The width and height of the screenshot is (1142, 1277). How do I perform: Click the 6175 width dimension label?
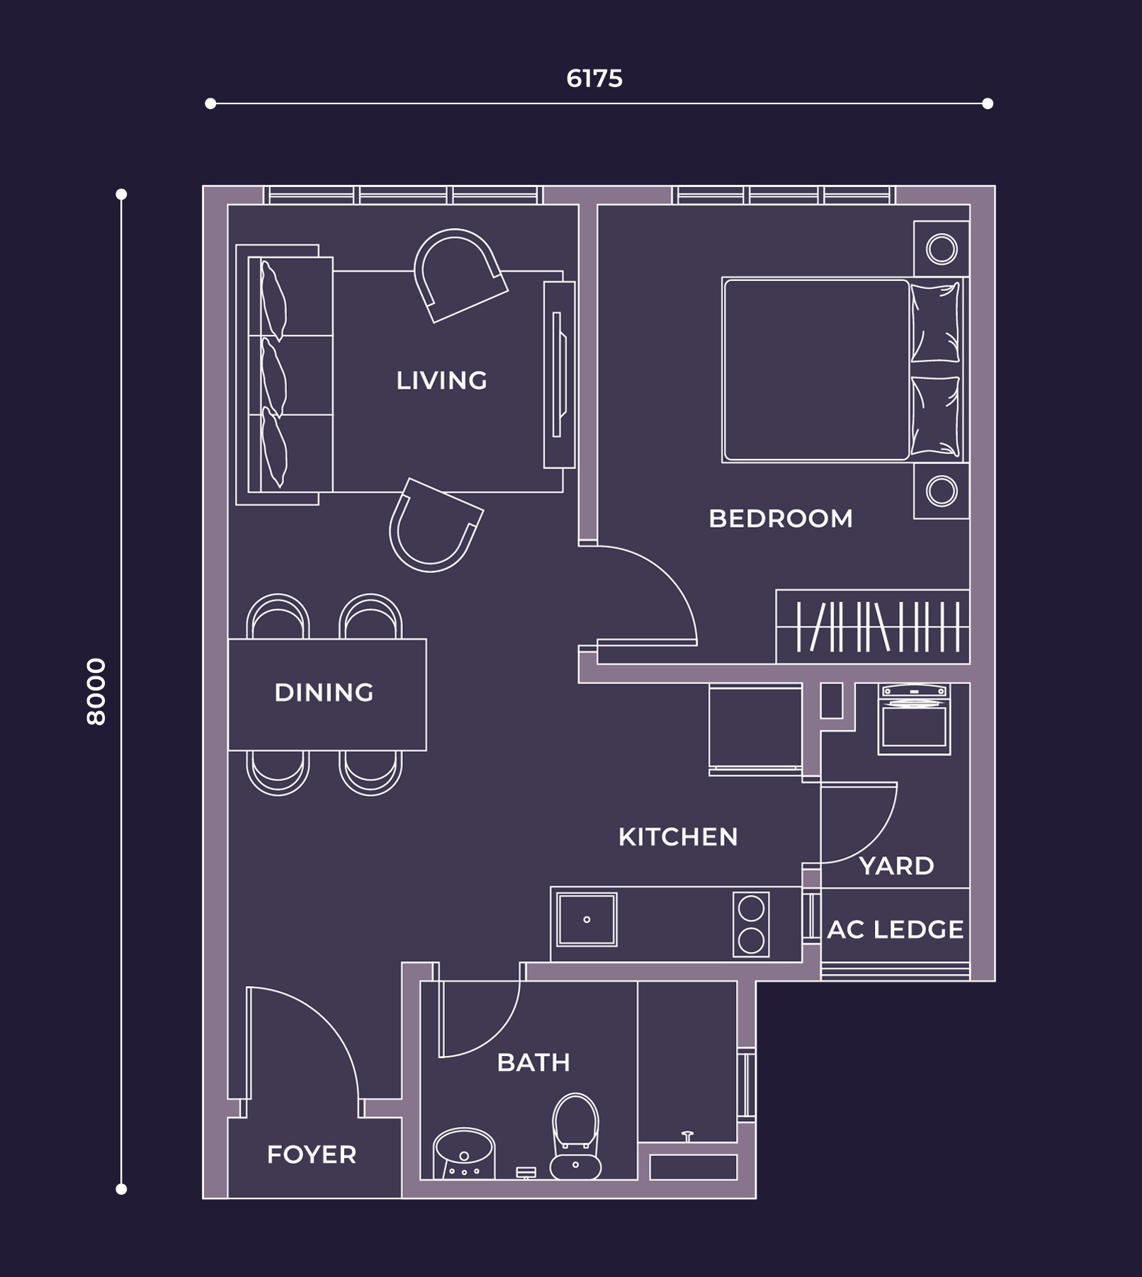coord(594,79)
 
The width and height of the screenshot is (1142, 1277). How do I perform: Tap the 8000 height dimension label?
coord(96,691)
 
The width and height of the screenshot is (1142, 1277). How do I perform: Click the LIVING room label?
coord(441,380)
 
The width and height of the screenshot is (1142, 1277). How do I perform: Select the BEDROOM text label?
coord(781,518)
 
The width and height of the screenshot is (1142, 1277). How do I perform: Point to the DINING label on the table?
coord(324,692)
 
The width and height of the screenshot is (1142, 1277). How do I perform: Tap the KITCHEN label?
coord(678,836)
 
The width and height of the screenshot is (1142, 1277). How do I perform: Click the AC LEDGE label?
coord(895,929)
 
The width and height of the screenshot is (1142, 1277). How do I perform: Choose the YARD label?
coord(896,865)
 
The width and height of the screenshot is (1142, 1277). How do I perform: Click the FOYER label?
coord(311,1154)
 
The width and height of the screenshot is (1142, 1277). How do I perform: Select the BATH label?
coord(533,1062)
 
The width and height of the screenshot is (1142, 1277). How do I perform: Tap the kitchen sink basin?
coord(587,919)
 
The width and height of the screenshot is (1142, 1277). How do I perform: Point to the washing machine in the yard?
coord(914,719)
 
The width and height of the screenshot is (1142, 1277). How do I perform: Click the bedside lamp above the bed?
coord(942,249)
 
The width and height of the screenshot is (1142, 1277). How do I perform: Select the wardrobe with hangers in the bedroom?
coord(873,626)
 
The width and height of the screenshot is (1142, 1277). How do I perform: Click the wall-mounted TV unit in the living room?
coord(559,375)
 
